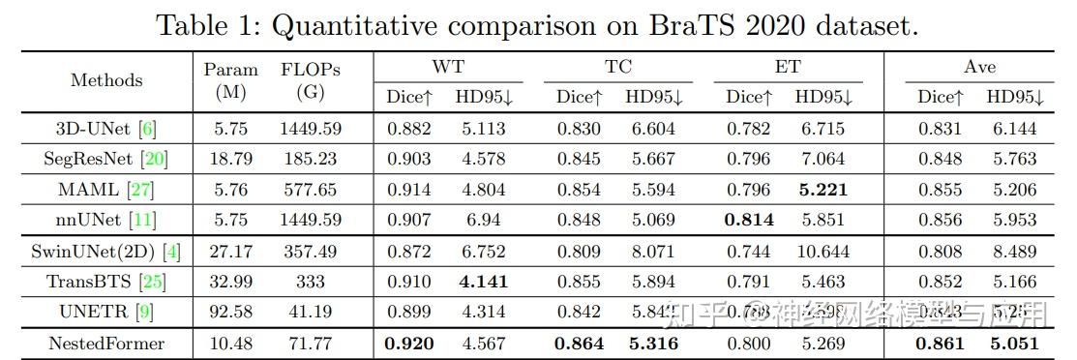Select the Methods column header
(106, 80)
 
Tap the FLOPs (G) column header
(311, 81)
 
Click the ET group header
(788, 67)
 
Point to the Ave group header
(979, 67)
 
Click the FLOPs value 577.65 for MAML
(310, 190)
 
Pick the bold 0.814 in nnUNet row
(749, 220)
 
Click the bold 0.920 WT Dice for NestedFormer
(408, 344)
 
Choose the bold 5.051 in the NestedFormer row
(1015, 344)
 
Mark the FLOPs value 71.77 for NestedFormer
(310, 344)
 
